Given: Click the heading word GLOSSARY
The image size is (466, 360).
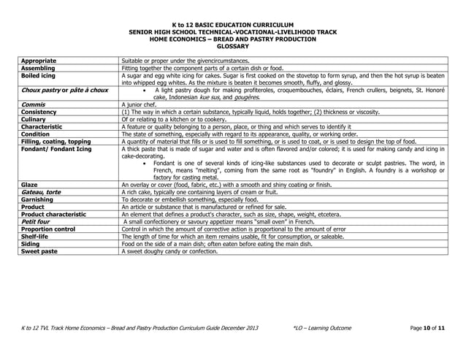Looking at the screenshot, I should click(x=233, y=46).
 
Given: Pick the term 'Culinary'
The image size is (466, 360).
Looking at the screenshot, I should click(x=34, y=120).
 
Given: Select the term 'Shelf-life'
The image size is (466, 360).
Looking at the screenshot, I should click(x=37, y=237).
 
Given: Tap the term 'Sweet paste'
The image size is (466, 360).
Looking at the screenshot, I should click(x=39, y=251).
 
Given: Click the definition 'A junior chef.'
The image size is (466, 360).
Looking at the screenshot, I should click(x=139, y=105).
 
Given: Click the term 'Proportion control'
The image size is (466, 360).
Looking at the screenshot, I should click(x=48, y=229).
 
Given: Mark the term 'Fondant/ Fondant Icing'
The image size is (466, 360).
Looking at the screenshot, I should click(x=56, y=149).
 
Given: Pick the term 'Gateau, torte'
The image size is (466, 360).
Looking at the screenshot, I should click(x=42, y=193).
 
